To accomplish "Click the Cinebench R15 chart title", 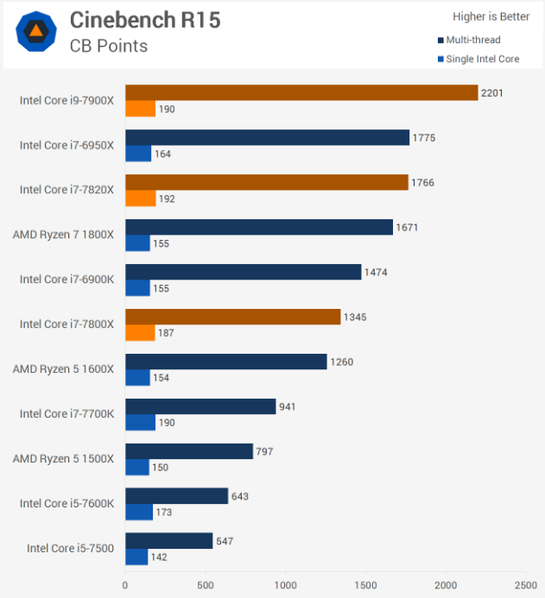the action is coord(145,20).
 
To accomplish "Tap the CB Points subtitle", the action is coord(109,46).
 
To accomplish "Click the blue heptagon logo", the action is coord(36,31).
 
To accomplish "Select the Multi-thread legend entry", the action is coord(469,40).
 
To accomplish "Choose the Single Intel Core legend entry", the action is coord(478,59).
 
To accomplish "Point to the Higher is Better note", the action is coord(491,16).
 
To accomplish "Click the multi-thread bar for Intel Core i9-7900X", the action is coord(301,92).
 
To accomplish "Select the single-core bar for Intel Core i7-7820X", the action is coord(141,198).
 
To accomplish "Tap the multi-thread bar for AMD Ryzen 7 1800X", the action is coord(259,227).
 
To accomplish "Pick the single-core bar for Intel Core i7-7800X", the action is coord(140,332).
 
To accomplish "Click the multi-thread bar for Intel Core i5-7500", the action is coord(169,541).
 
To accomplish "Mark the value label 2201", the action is coord(491,93).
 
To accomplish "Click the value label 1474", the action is coord(376,273).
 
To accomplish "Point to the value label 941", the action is coord(287,407).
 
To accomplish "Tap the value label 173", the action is coord(164,513).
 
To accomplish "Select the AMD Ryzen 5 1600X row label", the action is coord(63,369).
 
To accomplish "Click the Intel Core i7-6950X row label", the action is coord(67,145).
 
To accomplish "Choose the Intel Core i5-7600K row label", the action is coord(67,503).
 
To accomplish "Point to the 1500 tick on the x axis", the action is coord(365,585).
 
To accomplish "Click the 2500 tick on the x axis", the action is coord(525,585).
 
